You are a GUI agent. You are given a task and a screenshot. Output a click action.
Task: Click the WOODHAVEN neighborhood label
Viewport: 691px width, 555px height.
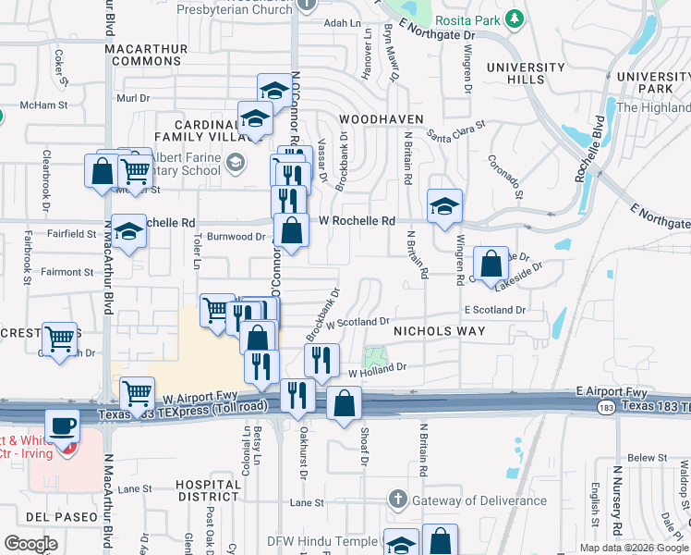pos(381,119)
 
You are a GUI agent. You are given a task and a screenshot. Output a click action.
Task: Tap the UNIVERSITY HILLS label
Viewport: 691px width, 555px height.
pos(526,73)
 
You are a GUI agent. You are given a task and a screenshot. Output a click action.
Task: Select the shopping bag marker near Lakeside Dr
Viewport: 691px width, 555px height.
pos(491,264)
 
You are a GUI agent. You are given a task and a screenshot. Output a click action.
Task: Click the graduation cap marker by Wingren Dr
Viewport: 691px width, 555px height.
pos(444,206)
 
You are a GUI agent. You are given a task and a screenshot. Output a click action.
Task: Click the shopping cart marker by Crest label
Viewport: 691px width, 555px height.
pos(61,339)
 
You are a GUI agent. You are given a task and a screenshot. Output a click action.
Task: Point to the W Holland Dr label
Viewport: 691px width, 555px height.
pos(377,367)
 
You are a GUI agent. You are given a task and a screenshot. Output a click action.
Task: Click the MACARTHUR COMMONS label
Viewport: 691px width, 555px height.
pos(142,54)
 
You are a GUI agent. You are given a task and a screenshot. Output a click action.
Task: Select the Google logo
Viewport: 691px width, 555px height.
pos(31,543)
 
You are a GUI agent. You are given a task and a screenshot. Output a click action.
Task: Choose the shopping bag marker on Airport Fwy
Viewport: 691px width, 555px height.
pos(344,403)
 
